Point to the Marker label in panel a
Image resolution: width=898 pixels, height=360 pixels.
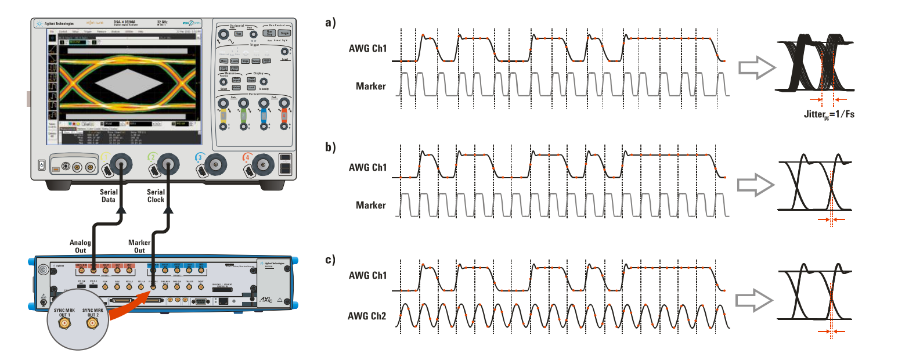pos(370,87)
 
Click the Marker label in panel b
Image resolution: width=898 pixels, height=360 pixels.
pos(370,205)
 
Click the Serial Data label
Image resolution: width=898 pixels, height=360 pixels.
pos(109,196)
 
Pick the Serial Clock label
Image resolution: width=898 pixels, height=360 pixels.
pos(156,196)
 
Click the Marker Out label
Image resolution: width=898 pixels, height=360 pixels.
pos(139,247)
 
